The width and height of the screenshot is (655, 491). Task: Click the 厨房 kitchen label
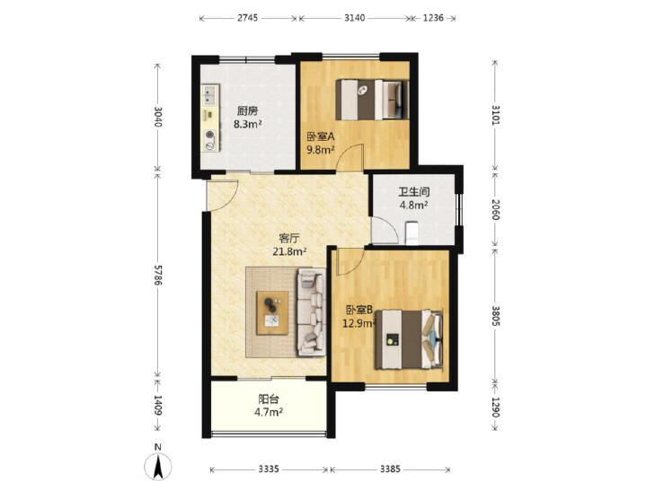tap(247, 111)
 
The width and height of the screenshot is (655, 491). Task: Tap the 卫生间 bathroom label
tap(413, 192)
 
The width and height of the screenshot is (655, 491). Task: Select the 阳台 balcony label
tap(269, 399)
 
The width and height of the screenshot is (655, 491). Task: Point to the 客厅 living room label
tap(289, 238)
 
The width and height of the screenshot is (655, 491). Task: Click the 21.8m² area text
tap(290, 251)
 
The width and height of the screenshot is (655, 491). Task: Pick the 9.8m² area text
tap(321, 149)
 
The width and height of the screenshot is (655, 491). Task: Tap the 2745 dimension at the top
tap(248, 18)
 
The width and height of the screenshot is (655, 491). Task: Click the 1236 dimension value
tap(433, 18)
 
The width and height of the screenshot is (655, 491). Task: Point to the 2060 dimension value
tap(495, 209)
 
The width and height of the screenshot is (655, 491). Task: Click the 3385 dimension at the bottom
tap(390, 469)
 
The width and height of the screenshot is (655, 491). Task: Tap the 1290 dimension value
tap(495, 407)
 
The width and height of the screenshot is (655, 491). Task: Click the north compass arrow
tap(158, 468)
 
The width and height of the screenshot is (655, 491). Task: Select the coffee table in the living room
tap(272, 313)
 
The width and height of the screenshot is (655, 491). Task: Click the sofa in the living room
tap(311, 312)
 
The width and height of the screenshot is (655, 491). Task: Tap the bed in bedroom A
tap(372, 100)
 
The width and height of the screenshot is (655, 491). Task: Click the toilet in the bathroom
tap(412, 232)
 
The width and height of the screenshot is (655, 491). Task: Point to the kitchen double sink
tap(210, 94)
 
